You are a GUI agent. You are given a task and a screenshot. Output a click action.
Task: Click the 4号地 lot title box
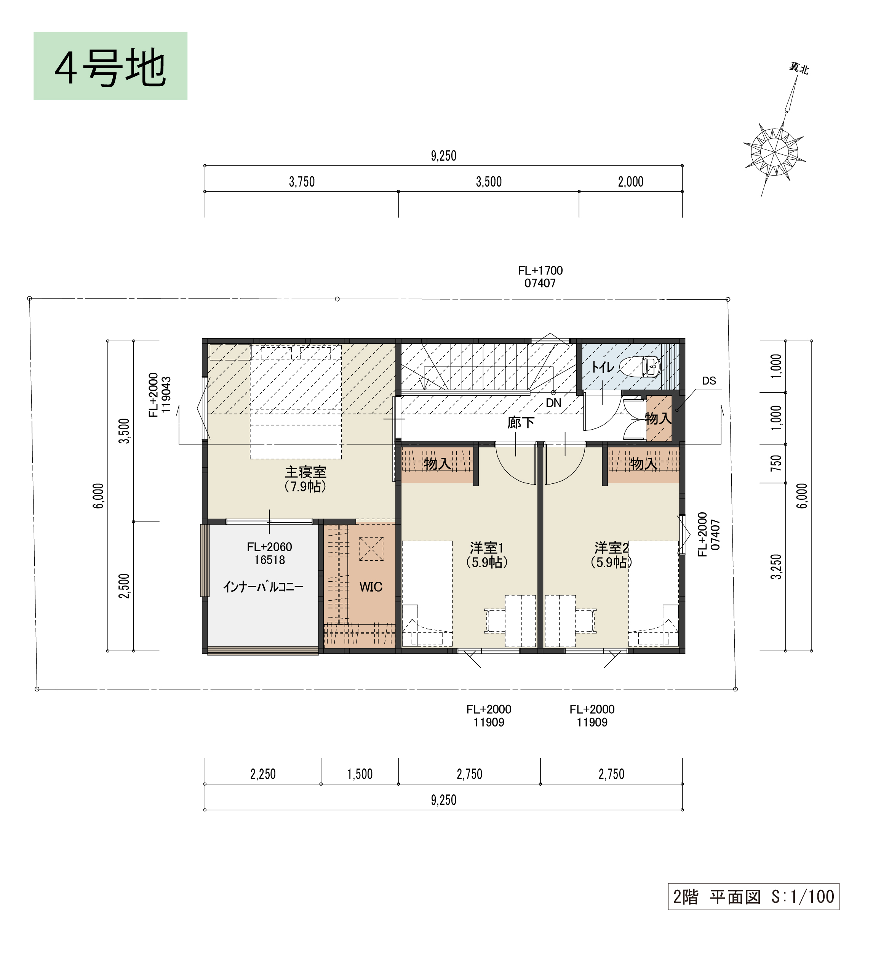(110, 66)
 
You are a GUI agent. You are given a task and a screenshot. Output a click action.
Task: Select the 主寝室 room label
(305, 472)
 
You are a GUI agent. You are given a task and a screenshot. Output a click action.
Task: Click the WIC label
(371, 587)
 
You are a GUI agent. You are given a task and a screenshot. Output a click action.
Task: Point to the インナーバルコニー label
(263, 587)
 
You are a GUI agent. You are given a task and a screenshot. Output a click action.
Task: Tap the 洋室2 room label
(611, 548)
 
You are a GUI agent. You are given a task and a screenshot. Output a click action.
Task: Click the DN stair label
(554, 403)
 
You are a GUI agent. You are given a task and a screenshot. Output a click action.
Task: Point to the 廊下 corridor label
(521, 422)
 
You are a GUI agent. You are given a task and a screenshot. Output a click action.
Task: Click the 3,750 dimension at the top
(302, 181)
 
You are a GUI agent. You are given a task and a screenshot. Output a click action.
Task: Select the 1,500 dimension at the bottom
(360, 774)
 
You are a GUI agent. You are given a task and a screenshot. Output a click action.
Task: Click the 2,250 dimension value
(263, 774)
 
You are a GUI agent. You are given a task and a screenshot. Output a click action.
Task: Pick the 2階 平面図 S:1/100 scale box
(753, 896)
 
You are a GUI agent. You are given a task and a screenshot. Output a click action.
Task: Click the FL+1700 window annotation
(540, 271)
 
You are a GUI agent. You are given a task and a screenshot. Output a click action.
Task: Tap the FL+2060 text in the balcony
(269, 547)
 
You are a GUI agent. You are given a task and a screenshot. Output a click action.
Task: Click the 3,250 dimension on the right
(776, 566)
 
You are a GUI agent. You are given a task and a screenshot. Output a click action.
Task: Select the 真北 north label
(799, 69)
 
